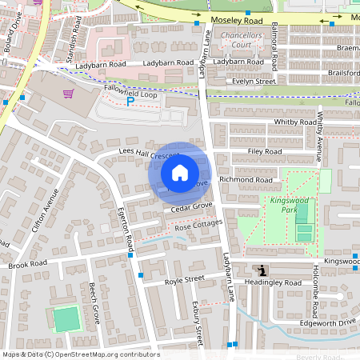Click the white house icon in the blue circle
click(x=180, y=172)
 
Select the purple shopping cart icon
click(x=69, y=93)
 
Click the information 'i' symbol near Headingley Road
click(x=264, y=271)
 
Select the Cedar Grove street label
click(x=191, y=206)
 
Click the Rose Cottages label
click(x=197, y=227)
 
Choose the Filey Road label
click(x=265, y=151)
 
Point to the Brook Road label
click(x=28, y=264)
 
